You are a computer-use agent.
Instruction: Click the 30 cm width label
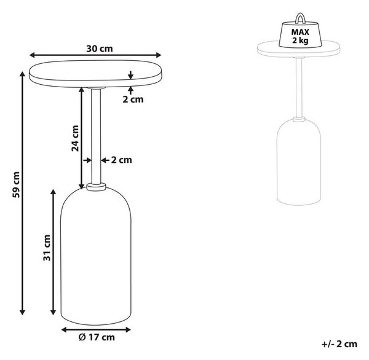pos(100,49)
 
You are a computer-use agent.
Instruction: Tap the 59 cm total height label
pos(17,184)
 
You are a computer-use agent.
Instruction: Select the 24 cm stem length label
pos(75,138)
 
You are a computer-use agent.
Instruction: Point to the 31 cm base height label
pos(47,248)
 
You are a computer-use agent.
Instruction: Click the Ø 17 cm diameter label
pos(97,337)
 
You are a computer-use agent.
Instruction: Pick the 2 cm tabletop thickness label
pos(133,100)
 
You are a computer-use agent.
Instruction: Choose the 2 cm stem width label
pos(121,160)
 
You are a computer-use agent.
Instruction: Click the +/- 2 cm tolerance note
pos(339,344)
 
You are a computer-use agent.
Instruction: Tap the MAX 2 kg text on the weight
pos(300,36)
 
